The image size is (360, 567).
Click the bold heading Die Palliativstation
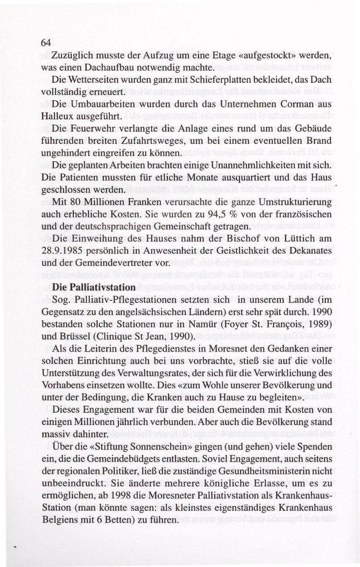click(x=94, y=286)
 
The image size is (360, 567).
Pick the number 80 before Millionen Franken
click(x=74, y=201)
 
